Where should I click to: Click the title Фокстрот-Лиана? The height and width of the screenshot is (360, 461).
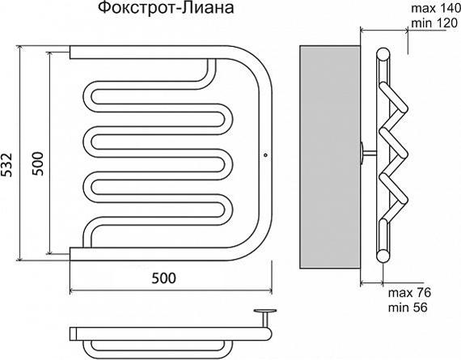click(166, 8)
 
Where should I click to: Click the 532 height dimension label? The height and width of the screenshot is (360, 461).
click(6, 165)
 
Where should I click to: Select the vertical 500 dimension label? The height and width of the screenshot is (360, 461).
click(38, 163)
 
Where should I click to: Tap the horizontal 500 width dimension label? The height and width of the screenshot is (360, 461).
click(163, 278)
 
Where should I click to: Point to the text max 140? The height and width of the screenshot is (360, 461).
click(436, 9)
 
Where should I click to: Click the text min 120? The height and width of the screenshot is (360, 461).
click(435, 23)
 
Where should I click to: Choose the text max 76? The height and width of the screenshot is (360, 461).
click(409, 293)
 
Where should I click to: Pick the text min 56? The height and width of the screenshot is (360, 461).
click(408, 307)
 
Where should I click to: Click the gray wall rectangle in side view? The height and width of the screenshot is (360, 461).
click(330, 157)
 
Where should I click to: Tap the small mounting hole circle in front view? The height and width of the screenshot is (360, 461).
click(265, 155)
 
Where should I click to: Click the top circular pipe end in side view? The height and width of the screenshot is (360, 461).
click(383, 54)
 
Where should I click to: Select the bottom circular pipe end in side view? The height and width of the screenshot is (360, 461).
click(383, 256)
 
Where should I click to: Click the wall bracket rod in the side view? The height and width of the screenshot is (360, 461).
click(370, 153)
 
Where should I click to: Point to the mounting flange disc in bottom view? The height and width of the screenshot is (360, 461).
click(265, 311)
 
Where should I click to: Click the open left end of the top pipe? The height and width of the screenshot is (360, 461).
click(70, 52)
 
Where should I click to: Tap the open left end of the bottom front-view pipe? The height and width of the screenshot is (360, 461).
click(70, 254)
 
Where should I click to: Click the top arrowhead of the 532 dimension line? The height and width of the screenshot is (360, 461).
click(19, 48)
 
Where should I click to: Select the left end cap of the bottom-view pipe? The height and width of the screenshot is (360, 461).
click(74, 333)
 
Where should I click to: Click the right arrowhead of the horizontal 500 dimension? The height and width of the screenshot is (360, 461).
click(269, 291)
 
